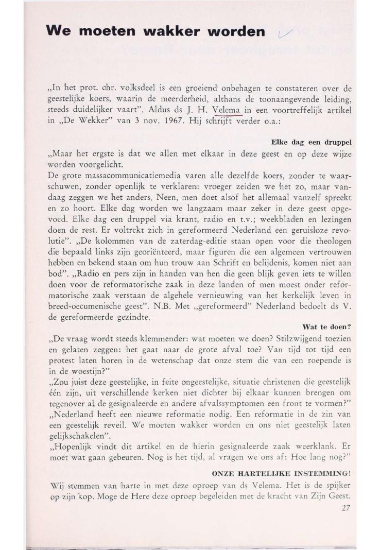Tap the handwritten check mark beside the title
pyautogui.click(x=284, y=35)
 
